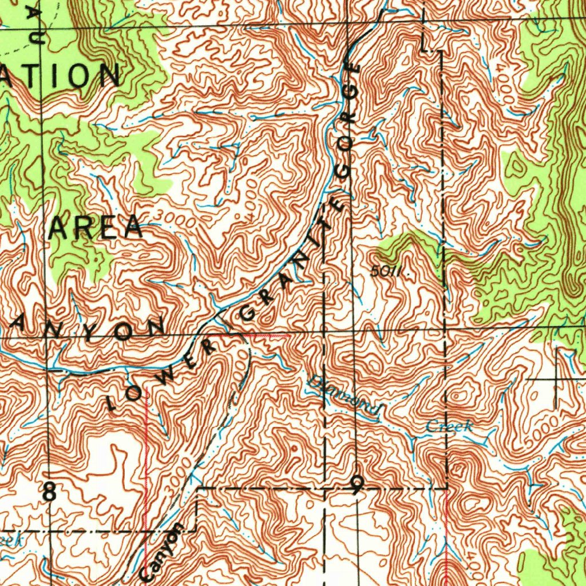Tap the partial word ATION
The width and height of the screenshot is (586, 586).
click(60, 76)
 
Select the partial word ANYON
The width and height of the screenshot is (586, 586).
click(86, 330)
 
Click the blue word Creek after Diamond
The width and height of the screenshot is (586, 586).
click(449, 426)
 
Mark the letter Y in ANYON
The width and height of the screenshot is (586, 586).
click(90, 332)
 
